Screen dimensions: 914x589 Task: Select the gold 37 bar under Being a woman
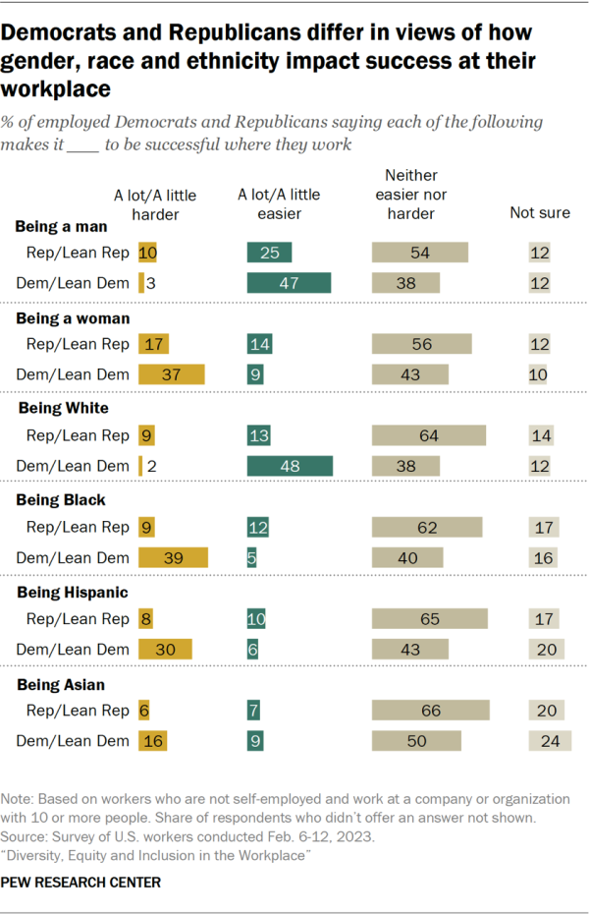point(172,374)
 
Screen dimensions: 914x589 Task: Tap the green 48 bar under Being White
point(290,466)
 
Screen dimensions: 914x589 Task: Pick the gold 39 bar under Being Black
point(173,557)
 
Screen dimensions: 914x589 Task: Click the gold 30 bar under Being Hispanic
point(165,649)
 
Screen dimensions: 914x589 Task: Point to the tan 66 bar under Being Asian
point(430,710)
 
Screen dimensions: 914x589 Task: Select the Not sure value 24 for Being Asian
point(550,740)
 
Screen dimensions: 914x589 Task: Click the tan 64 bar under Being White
point(429,435)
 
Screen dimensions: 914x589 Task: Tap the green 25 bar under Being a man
point(269,253)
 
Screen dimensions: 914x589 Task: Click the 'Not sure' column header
point(540,212)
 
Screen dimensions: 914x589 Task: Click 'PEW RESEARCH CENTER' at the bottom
point(81,883)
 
